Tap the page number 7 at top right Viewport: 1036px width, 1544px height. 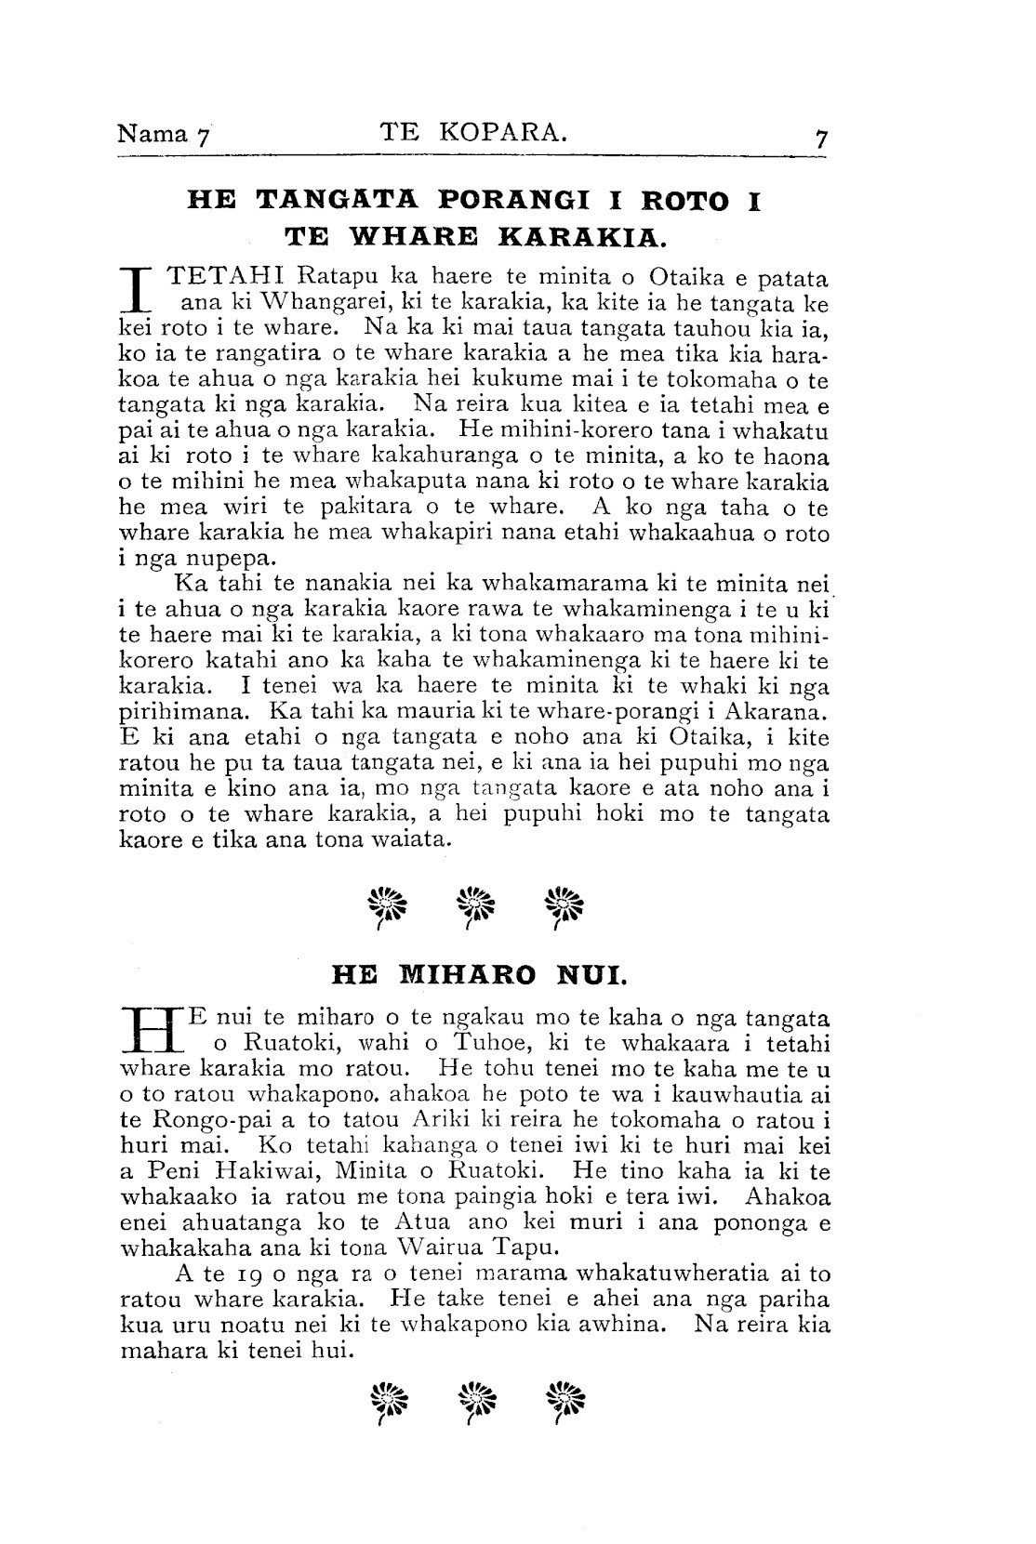(x=821, y=139)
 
